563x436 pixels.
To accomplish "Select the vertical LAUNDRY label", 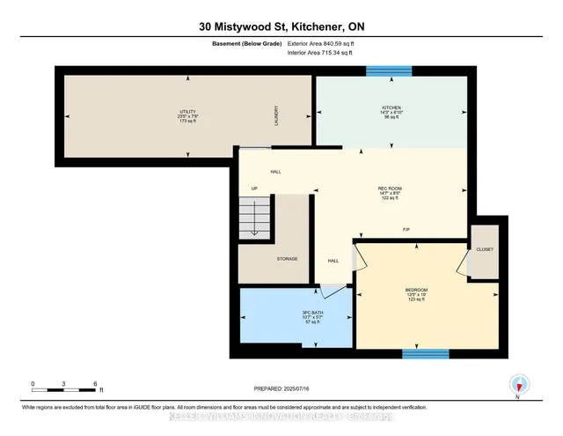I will [x=274, y=113].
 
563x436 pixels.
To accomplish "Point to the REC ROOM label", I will [x=390, y=188].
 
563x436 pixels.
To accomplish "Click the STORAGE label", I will [x=286, y=258].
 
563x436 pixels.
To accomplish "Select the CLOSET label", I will [x=484, y=249].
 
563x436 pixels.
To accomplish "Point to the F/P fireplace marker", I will [x=406, y=230].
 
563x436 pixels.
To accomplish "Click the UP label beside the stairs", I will [x=255, y=188].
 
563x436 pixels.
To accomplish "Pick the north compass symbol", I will [x=519, y=383].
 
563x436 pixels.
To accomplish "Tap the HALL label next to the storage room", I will [x=333, y=260].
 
